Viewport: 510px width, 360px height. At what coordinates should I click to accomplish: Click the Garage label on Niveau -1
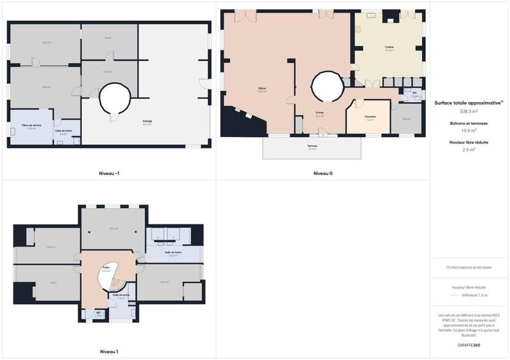pyautogui.click(x=147, y=122)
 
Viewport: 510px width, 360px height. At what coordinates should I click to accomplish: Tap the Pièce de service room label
pyautogui.click(x=27, y=125)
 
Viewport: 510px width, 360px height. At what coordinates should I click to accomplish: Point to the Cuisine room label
pyautogui.click(x=389, y=48)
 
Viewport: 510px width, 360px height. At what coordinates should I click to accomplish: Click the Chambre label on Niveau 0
pyautogui.click(x=370, y=117)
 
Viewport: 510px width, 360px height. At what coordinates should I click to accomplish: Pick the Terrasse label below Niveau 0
pyautogui.click(x=312, y=147)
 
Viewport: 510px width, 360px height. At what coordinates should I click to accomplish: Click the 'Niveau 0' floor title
pyautogui.click(x=323, y=173)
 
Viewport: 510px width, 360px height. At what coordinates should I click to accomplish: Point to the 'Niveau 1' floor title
pyautogui.click(x=109, y=351)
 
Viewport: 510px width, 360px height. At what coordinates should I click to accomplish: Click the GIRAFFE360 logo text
pyautogui.click(x=469, y=345)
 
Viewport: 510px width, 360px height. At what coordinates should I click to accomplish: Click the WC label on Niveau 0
pyautogui.click(x=414, y=94)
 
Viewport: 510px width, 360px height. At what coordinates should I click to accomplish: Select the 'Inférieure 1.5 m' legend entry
pyautogui.click(x=474, y=295)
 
